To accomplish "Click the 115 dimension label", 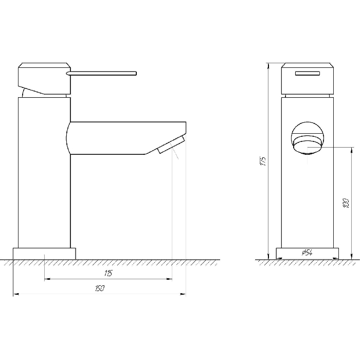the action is pos(108,273).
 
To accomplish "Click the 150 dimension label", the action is pos(100,288).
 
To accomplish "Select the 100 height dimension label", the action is pos(346,203).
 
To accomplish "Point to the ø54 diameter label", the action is pos(307,253).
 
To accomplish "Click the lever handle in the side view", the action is pos(101,73).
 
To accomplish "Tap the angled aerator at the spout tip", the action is pos(171,145).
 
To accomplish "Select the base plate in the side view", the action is pos(44,254).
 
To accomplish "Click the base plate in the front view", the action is pos(307,254).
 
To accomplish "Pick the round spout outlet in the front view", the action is pos(308,138).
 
